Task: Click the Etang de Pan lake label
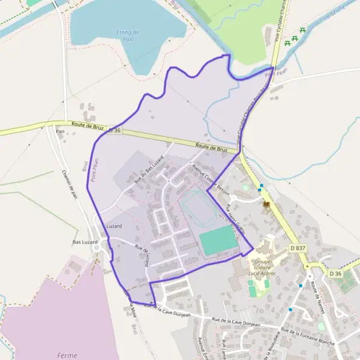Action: (x=127, y=35)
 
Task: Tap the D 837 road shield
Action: (x=297, y=248)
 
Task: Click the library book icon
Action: (x=266, y=205)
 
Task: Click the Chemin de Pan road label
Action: (x=70, y=183)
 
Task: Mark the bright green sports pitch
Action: (x=218, y=240)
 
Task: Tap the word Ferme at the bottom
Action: (x=67, y=355)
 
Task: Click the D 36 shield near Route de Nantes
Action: (x=336, y=274)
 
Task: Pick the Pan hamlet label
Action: (x=59, y=131)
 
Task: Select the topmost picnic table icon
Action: (x=302, y=30)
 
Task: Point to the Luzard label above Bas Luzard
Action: (x=114, y=226)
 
